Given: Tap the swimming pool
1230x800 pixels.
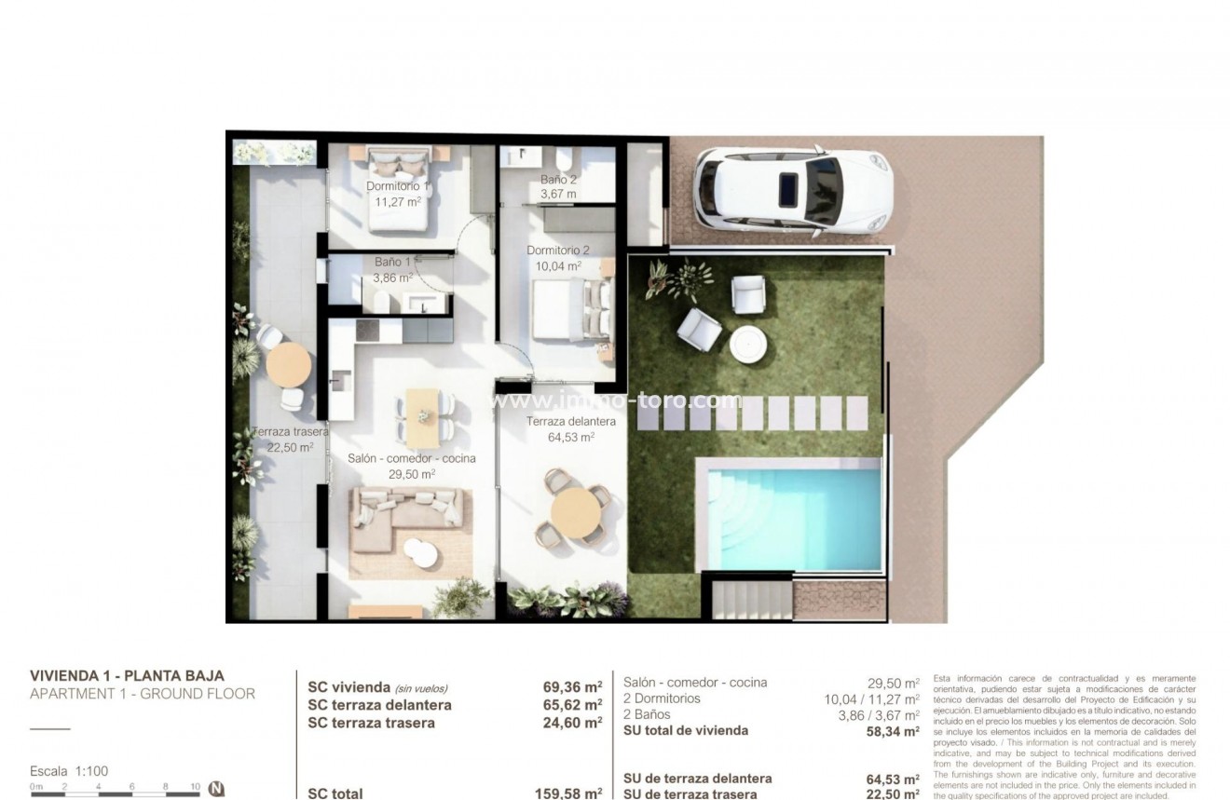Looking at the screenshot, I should point(793,518).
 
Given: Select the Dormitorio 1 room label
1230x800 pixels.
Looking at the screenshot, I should point(398,186).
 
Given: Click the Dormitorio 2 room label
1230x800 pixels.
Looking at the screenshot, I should point(558,251).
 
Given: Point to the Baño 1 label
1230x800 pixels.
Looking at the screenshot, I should point(393,263).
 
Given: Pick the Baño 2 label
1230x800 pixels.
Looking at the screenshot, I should point(559,180).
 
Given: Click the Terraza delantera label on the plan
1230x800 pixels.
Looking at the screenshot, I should point(560,422).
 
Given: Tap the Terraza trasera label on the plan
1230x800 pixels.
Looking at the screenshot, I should point(290,433).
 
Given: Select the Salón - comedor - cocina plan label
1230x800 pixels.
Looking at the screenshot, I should point(412,458).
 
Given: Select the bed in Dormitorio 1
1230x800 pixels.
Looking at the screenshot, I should point(399,191).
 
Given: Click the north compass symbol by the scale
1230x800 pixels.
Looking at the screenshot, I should point(217,788).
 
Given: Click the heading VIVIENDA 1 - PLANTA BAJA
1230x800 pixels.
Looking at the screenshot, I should point(127,676).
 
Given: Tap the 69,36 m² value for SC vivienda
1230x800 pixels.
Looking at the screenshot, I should point(572,687).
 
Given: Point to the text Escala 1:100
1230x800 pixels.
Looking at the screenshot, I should point(70,771).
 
